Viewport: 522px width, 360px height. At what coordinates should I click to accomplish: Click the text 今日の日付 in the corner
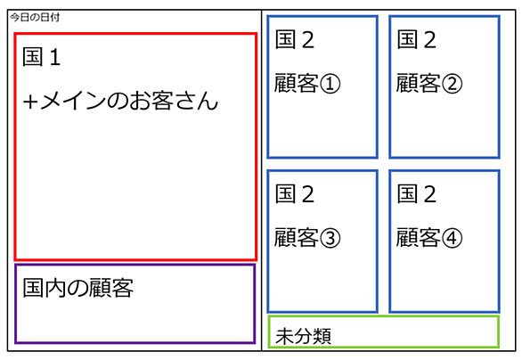35,17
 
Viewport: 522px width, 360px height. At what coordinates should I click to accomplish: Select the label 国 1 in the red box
42,57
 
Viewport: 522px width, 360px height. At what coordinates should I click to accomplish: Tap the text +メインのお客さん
120,101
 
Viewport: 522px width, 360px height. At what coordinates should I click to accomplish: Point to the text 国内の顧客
77,288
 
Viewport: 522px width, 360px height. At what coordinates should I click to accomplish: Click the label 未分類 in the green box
303,336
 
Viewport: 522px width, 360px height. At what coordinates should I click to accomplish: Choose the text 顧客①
307,83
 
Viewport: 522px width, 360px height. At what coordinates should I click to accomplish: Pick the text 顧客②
429,83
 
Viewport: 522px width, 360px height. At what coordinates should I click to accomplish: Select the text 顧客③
307,237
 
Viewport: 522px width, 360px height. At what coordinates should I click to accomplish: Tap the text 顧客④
429,237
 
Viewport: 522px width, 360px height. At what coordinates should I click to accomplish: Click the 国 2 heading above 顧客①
295,39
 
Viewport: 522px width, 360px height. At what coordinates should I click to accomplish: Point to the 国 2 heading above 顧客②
417,39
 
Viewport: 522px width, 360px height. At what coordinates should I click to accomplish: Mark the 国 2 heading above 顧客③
295,194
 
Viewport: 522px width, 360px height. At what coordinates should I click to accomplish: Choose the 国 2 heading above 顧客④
417,194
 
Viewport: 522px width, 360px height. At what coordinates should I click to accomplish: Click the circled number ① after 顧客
330,83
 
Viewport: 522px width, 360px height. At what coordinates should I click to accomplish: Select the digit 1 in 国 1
55,57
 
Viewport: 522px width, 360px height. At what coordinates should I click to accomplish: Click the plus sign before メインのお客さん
30,102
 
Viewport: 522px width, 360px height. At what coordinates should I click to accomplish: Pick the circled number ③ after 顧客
330,237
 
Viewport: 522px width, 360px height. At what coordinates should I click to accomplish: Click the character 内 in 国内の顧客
55,288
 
